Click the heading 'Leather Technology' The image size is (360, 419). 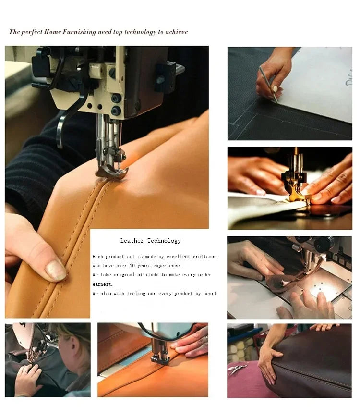(151, 241)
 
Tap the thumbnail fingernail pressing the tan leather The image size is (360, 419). (56, 270)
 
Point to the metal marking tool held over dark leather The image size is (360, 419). (268, 84)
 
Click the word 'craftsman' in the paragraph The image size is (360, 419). (204, 257)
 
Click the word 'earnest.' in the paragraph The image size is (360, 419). (102, 284)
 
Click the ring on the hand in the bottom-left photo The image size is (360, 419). (24, 371)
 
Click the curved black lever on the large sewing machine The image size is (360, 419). (68, 118)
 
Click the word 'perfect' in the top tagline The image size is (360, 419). (32, 32)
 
